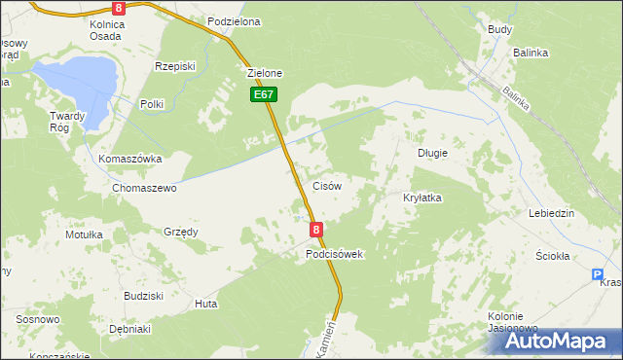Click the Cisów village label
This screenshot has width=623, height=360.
coord(325,186)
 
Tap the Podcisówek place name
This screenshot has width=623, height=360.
coord(334,254)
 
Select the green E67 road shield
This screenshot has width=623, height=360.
coord(264,94)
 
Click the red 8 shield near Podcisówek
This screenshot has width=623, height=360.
coord(316,230)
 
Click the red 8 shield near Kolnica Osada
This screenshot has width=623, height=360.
coord(118,7)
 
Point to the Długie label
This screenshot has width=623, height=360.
coord(432,153)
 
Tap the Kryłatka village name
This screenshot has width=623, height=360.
coord(422,198)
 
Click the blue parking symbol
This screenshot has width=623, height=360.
coord(598,275)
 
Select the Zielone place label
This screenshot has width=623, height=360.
coord(265,73)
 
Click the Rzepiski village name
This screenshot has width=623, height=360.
coord(175,66)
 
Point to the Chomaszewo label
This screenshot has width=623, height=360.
coord(144,189)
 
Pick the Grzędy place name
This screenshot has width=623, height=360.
coord(181,232)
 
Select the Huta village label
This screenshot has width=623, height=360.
coord(205,304)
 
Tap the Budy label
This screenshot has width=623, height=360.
coord(500,30)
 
